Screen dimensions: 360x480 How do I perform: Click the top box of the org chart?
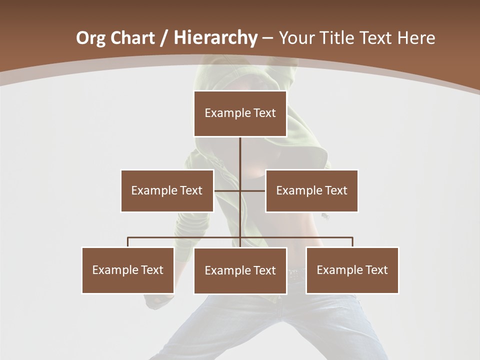point(240,113)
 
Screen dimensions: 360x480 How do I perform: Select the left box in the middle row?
point(167,190)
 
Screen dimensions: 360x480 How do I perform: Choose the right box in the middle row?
point(311,190)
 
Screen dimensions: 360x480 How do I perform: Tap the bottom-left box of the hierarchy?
point(128,270)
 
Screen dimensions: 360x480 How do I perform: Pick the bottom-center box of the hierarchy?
point(240,270)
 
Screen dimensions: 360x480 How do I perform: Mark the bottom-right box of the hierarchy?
point(352,270)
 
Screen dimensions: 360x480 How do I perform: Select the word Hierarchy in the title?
point(215,38)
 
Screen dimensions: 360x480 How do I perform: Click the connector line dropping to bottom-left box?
point(128,242)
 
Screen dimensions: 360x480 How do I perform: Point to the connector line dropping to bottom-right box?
point(352,242)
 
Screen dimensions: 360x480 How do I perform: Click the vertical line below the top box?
point(240,155)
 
